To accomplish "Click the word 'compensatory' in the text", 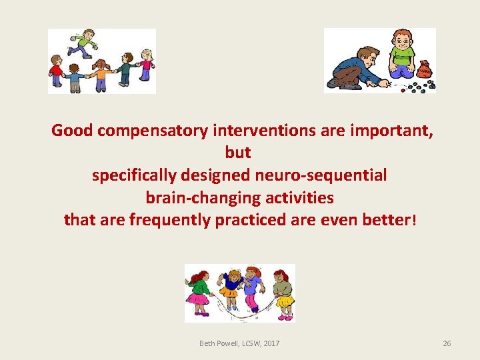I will click(x=152, y=130).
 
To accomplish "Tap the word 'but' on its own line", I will click(x=238, y=153).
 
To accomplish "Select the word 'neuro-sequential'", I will click(x=321, y=175).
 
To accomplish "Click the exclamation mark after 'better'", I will click(x=414, y=220).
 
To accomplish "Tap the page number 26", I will click(x=447, y=343).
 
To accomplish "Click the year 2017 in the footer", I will click(x=271, y=343).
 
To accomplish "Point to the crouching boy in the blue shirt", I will click(x=355, y=69).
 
